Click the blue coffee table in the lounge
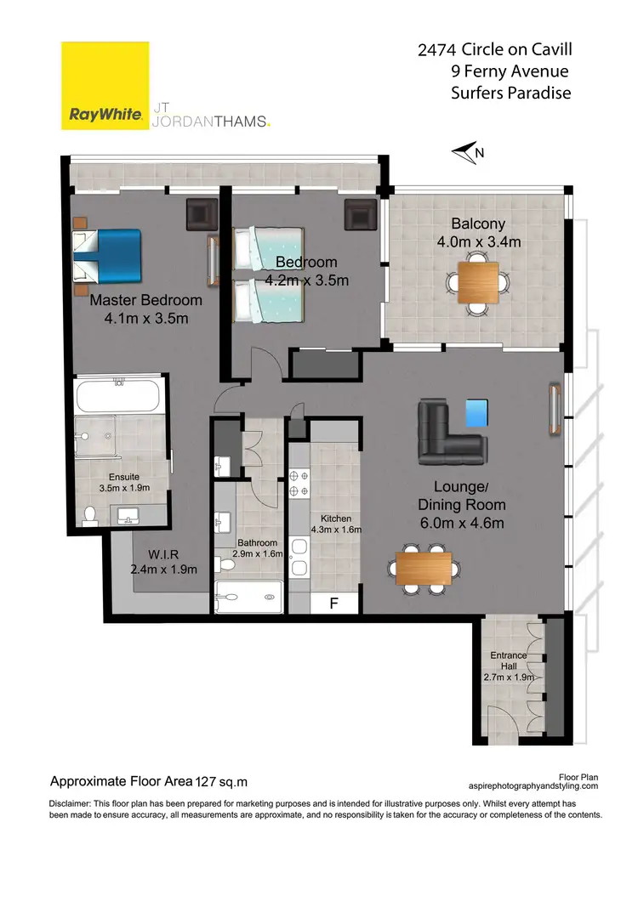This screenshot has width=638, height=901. point(477,413)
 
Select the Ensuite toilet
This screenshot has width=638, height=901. point(91,514)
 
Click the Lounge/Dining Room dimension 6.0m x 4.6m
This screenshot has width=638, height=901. point(461,524)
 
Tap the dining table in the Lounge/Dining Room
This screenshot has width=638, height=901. point(424,567)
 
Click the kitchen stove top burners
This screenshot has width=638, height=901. point(299,484)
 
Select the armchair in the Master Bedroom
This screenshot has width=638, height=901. point(202,213)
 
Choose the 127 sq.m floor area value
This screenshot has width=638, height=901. point(222,781)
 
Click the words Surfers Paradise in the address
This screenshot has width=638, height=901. point(510,93)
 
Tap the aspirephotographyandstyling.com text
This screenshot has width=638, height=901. point(533,787)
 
